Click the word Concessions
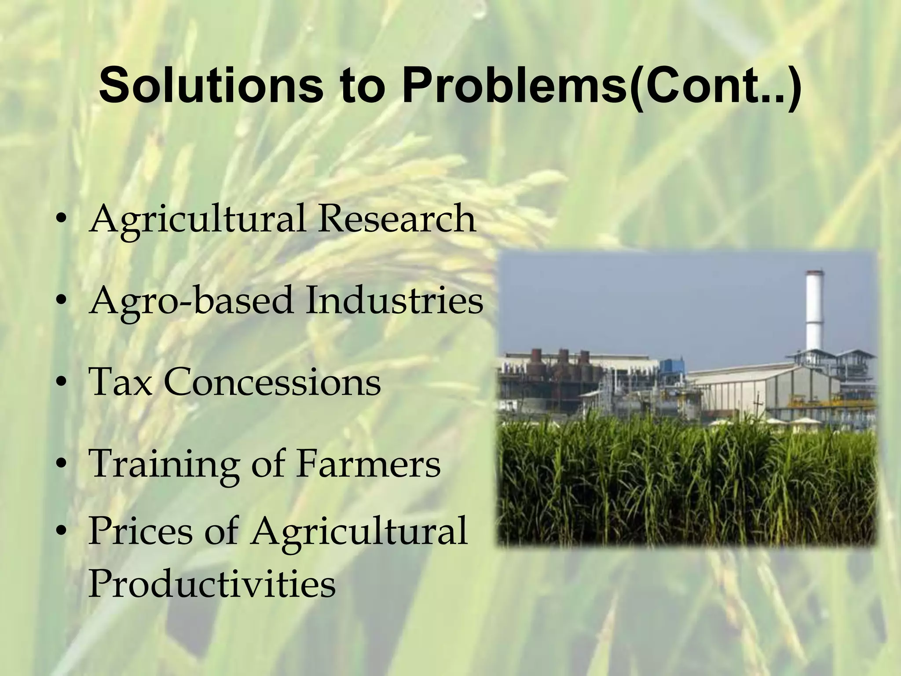(x=272, y=382)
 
